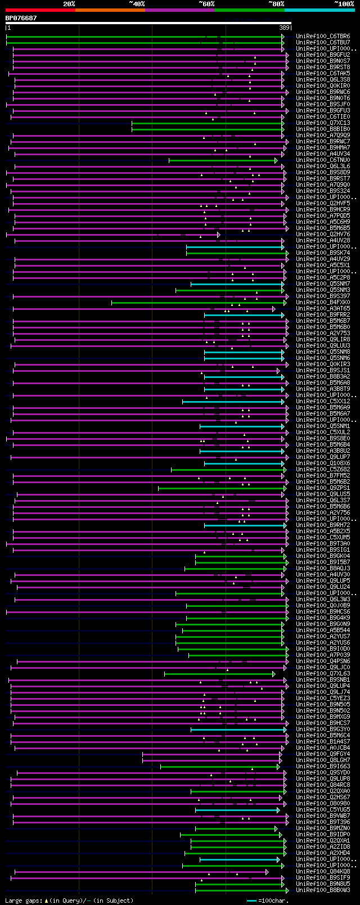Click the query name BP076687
pos(21,18)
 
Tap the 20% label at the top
pos(69,4)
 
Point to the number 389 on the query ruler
pos(284,28)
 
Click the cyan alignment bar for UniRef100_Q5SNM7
pos(236,284)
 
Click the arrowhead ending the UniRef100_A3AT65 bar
pos(274,309)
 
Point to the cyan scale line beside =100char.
pos(251,901)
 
